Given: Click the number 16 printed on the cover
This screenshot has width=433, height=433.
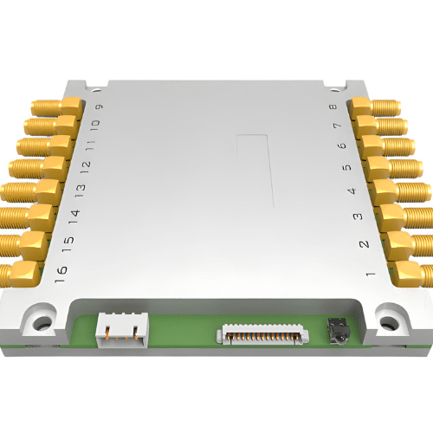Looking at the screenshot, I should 60,273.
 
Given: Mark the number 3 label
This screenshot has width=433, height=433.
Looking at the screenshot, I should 358,217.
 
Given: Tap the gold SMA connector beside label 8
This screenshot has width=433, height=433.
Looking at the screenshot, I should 374,108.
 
